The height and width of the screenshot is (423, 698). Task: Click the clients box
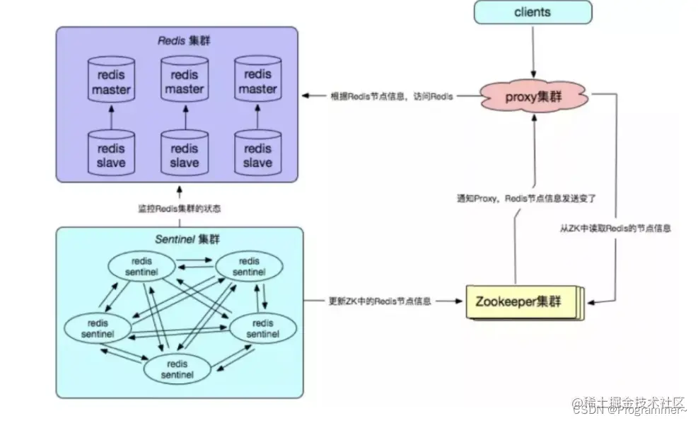click(x=533, y=13)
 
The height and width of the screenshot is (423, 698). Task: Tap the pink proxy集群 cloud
click(x=534, y=96)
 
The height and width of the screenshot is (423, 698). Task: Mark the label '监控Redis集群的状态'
click(x=179, y=209)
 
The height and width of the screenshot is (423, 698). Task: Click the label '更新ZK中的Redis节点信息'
click(x=380, y=301)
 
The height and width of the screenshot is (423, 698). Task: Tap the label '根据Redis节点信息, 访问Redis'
click(x=391, y=96)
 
